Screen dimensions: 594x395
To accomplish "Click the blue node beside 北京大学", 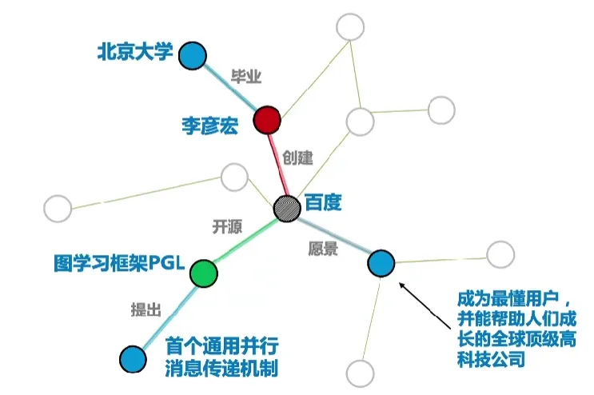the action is [192, 57].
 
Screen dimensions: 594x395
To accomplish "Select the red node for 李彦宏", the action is [267, 122].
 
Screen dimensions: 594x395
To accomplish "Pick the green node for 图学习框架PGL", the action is [204, 273].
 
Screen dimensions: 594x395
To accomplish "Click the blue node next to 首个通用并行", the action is [132, 358].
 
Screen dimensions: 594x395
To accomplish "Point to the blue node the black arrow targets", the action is [381, 262].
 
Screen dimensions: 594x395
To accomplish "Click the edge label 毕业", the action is [245, 78].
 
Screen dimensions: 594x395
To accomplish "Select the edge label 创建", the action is [297, 158].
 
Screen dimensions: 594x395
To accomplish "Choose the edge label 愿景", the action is [322, 248].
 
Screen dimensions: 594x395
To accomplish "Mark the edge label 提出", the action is [146, 309].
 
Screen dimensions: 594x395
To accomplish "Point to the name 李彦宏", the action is [209, 126].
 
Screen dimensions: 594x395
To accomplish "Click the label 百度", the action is [322, 202].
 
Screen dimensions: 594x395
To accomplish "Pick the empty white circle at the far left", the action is [58, 209].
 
